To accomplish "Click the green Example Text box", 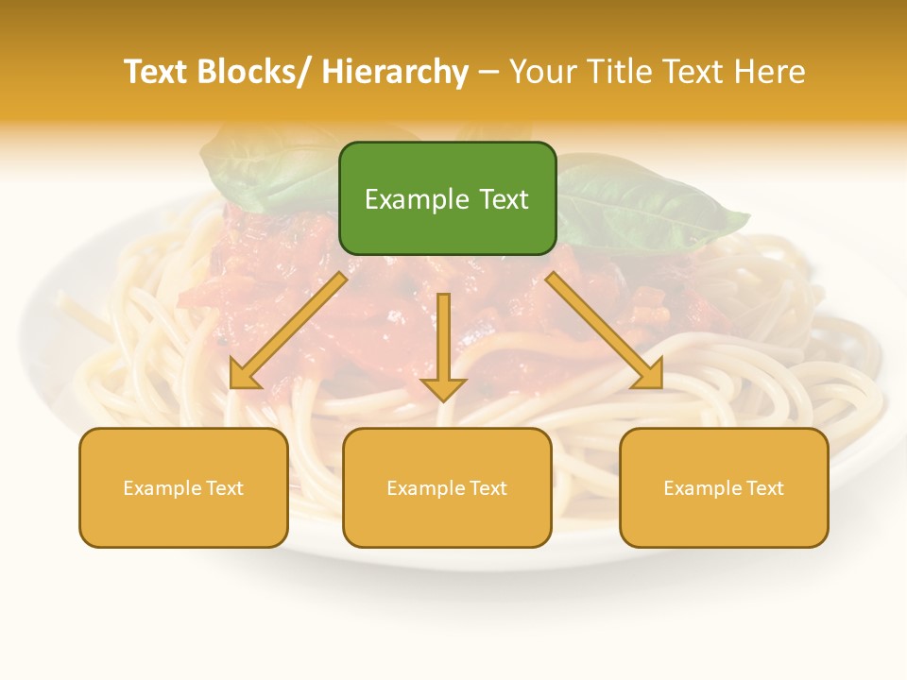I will coord(447,198).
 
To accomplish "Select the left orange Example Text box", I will coord(183,487).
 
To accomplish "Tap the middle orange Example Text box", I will coord(447,487).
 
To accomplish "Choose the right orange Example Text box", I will coord(724,487).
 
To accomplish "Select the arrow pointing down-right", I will coord(606,331).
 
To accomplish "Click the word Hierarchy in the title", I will coord(394,72).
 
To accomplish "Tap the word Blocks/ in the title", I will coord(257,72).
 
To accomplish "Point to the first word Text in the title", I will coord(157,72).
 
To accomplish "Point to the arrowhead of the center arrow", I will coord(443,388).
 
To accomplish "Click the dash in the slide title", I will coord(488,73).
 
